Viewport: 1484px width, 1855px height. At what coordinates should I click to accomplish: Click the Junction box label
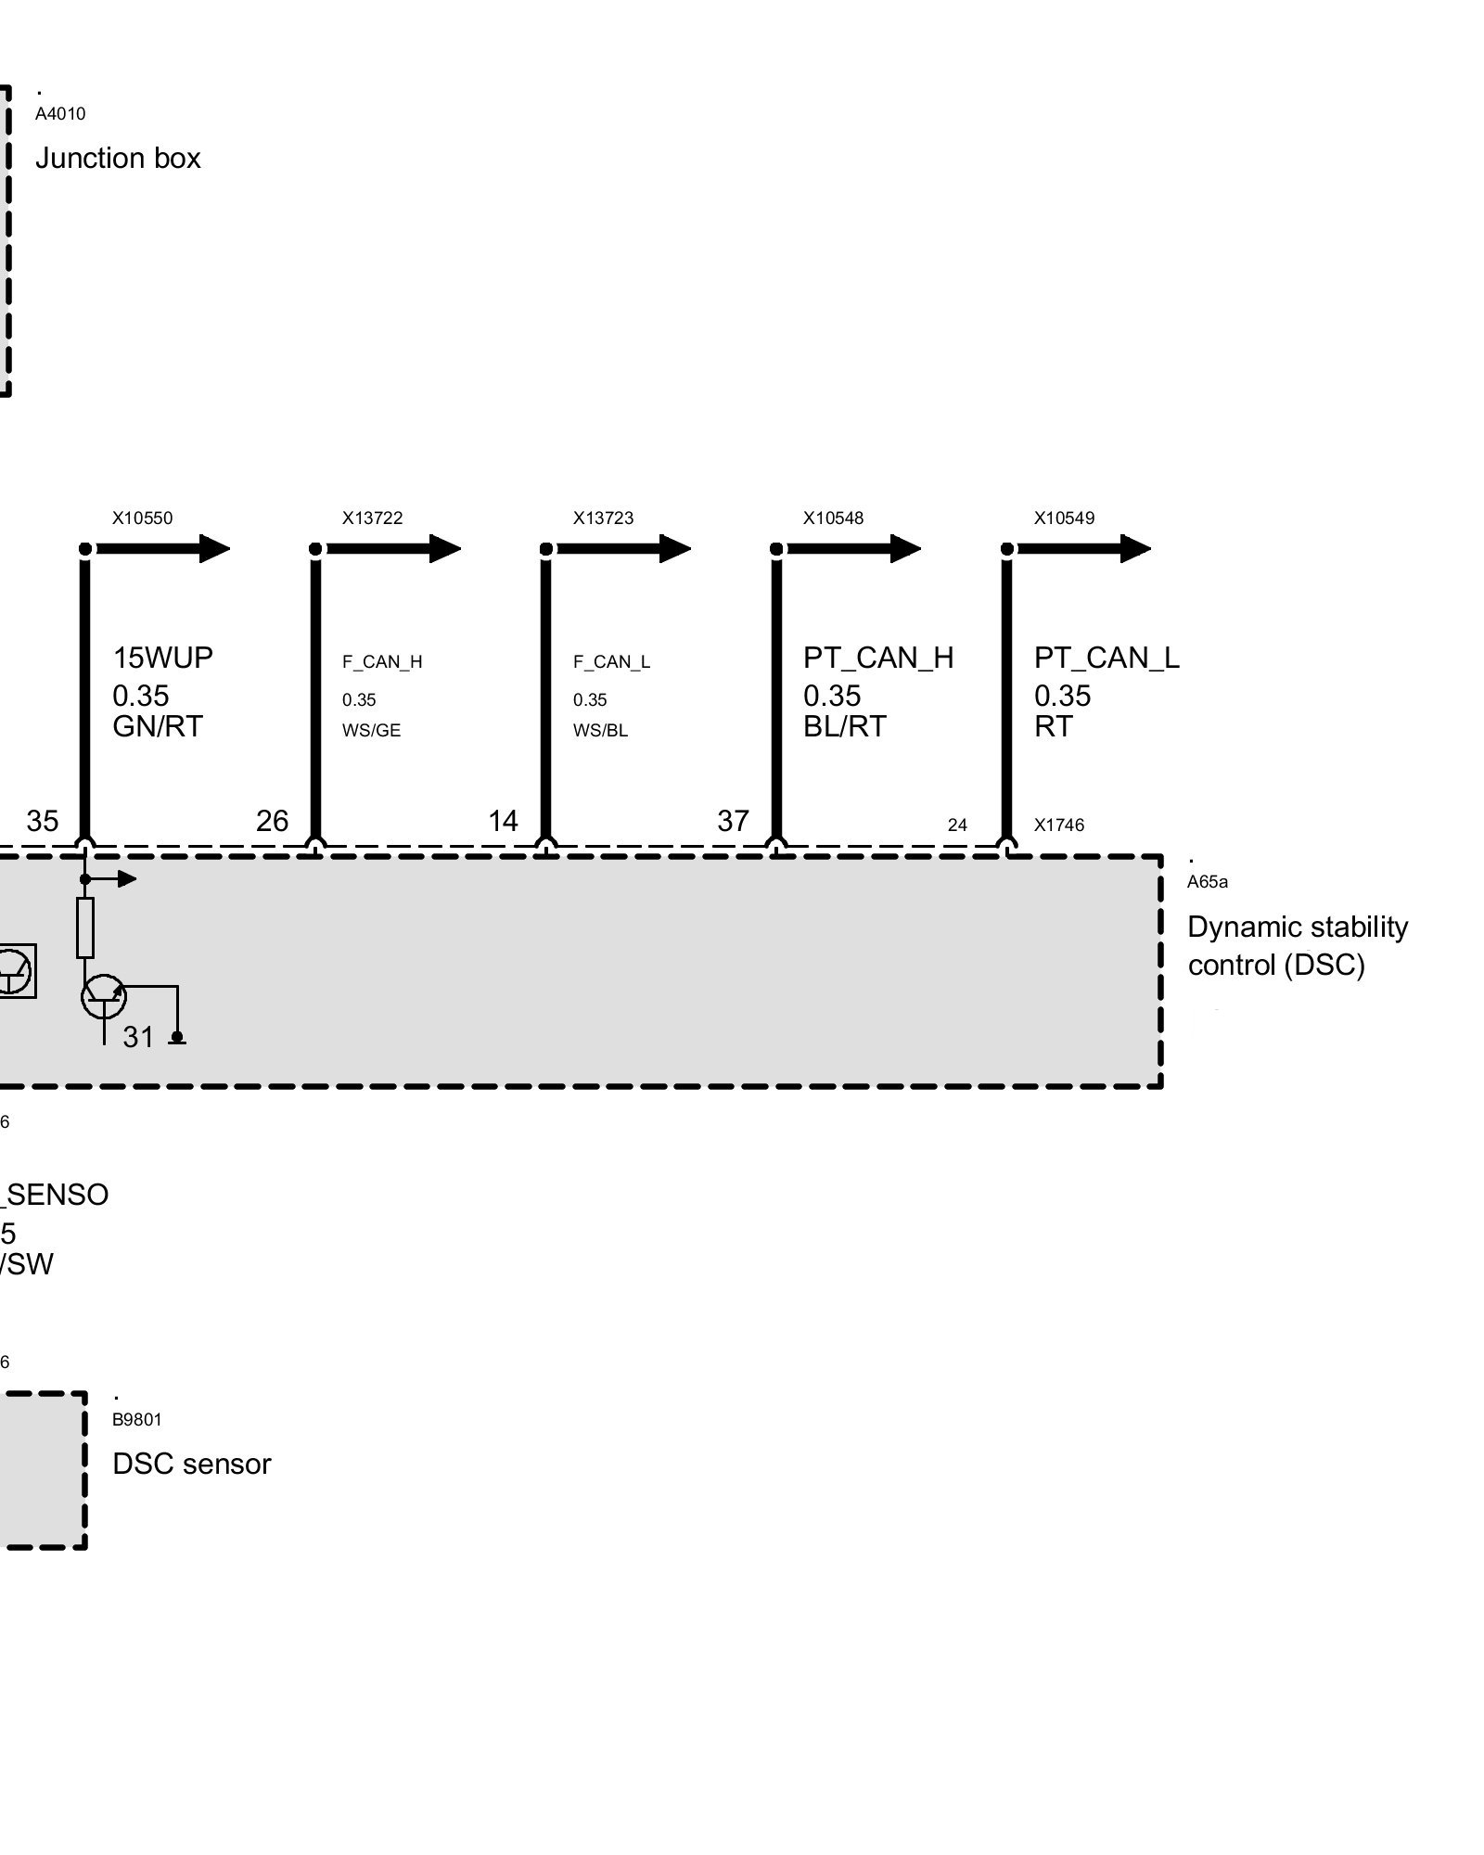(118, 159)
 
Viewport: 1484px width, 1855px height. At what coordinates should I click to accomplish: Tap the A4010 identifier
(60, 114)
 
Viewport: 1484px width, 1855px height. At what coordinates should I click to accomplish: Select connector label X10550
(142, 518)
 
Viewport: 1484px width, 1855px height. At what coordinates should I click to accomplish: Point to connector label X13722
(372, 518)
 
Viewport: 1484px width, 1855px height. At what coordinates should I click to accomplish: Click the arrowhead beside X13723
(674, 548)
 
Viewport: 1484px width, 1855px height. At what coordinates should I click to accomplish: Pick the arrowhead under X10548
(904, 548)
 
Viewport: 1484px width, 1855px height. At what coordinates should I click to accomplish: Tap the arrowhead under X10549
(1134, 548)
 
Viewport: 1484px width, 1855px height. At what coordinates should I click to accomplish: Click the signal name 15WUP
(162, 658)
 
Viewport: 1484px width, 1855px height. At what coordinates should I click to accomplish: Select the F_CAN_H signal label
(382, 661)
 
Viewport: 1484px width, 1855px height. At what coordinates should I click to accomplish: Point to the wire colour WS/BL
(600, 731)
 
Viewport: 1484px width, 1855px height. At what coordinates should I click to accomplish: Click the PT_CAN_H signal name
(877, 658)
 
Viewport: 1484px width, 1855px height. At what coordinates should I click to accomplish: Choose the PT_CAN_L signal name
(1107, 658)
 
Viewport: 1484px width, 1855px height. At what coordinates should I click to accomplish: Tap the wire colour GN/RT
(157, 726)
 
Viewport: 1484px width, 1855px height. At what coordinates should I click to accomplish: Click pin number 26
(272, 821)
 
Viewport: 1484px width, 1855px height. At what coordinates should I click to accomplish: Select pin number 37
(733, 821)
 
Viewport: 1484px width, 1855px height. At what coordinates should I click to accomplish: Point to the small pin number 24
(957, 825)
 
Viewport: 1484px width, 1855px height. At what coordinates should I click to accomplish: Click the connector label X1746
(1058, 825)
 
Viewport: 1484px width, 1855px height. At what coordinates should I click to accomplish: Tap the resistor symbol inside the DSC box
(85, 927)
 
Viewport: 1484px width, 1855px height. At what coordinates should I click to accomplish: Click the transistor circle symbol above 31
(103, 995)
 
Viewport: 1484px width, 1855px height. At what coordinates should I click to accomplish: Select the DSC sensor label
(191, 1464)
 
